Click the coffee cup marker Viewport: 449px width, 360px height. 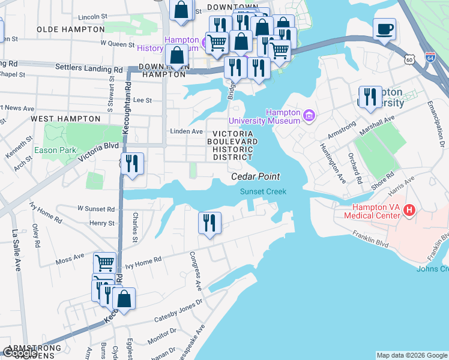[384, 29]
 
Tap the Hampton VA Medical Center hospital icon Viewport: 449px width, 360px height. [409, 210]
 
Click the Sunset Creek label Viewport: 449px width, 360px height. [263, 191]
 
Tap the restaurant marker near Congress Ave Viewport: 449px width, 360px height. [209, 223]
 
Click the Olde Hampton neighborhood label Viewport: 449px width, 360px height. [70, 29]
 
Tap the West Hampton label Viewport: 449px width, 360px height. [65, 119]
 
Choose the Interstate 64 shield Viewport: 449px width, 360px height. [429, 58]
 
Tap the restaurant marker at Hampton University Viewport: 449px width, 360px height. [370, 97]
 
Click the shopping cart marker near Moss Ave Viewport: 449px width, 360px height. [104, 263]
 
